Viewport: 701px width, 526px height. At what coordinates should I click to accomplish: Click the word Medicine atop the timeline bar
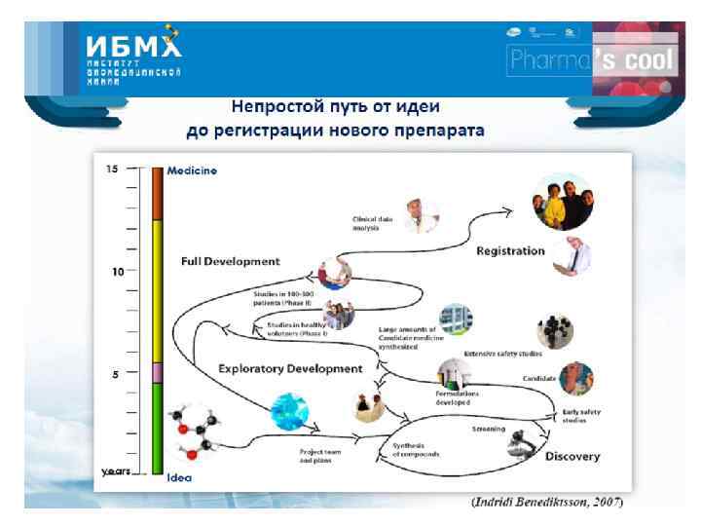[192, 170]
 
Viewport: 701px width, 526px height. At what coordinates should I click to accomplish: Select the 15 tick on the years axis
[112, 169]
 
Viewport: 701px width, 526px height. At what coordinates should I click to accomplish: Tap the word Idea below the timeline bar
[179, 478]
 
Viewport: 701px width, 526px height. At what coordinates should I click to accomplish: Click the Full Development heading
[230, 261]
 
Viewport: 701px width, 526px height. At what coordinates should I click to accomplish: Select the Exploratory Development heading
[289, 369]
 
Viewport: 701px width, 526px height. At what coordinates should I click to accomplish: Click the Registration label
[509, 251]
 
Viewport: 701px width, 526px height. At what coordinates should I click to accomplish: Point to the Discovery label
[572, 456]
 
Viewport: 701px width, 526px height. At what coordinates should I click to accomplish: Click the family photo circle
[561, 203]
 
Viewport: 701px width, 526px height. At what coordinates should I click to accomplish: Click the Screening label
[488, 428]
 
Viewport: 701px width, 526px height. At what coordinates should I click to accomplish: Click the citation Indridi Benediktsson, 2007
[547, 503]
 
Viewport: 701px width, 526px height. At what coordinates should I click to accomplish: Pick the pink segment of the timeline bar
[157, 373]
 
